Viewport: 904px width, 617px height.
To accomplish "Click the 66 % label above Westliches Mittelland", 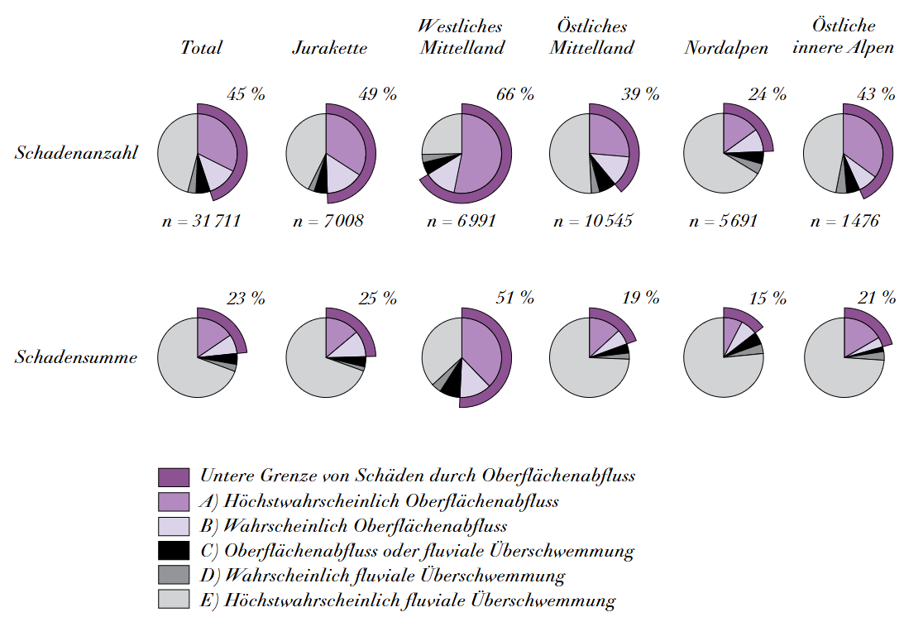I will click(x=514, y=93).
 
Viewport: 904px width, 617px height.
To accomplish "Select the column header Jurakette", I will click(x=329, y=47).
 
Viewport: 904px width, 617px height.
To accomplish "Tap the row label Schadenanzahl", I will click(x=75, y=152).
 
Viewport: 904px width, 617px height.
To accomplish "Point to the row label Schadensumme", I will click(x=75, y=357).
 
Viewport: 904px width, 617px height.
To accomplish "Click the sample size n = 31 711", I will click(x=202, y=221).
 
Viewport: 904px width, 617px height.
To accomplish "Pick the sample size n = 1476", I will click(x=845, y=221).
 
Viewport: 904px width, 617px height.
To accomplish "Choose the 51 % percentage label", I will click(x=514, y=298).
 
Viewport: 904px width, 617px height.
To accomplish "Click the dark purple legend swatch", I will click(x=174, y=476).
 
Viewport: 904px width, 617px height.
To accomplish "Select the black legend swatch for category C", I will click(x=174, y=551).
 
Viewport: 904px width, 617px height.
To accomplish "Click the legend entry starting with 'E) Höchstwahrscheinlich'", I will click(x=408, y=600).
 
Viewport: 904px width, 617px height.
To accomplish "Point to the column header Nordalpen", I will click(x=725, y=47).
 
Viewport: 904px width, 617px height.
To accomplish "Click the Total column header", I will click(x=202, y=47).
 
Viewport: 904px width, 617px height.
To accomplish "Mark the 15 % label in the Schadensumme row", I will click(x=768, y=298).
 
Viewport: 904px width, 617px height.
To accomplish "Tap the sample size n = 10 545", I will click(x=593, y=221).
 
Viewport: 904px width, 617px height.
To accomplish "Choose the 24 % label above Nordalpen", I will click(x=768, y=93).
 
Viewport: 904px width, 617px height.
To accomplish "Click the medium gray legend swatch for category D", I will click(x=174, y=576).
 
